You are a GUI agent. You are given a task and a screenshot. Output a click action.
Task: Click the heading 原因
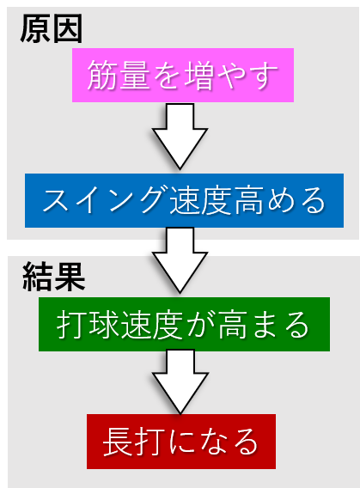coord(52,28)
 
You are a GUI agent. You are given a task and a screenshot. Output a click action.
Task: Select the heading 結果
coord(54,277)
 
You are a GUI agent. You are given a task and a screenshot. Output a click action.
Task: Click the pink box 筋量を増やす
coord(183,75)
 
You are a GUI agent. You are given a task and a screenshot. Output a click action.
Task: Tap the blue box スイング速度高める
coord(184,200)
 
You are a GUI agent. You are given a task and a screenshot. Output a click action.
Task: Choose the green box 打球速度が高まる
coord(184,324)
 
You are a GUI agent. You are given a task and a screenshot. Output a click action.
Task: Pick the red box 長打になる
coord(181,442)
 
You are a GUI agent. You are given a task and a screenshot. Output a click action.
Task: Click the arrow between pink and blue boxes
coord(180,137)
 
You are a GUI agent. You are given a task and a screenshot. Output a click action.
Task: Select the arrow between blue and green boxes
coord(180,260)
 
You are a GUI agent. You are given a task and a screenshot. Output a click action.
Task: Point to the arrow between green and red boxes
coord(180,381)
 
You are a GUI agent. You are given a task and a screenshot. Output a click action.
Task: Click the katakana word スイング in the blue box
coord(106,200)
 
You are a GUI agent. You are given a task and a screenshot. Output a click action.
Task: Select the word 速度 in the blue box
coord(201,201)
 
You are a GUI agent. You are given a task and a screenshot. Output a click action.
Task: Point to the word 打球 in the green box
coord(88,325)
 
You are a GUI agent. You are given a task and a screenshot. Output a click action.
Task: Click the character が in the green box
coord(199,325)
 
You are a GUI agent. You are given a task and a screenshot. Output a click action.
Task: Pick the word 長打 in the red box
coord(134,442)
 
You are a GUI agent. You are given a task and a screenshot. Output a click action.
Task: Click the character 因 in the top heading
coord(68,28)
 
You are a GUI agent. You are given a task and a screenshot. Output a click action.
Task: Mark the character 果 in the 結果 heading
coord(70,277)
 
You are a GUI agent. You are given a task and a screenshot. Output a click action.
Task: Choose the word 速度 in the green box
coord(152,325)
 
